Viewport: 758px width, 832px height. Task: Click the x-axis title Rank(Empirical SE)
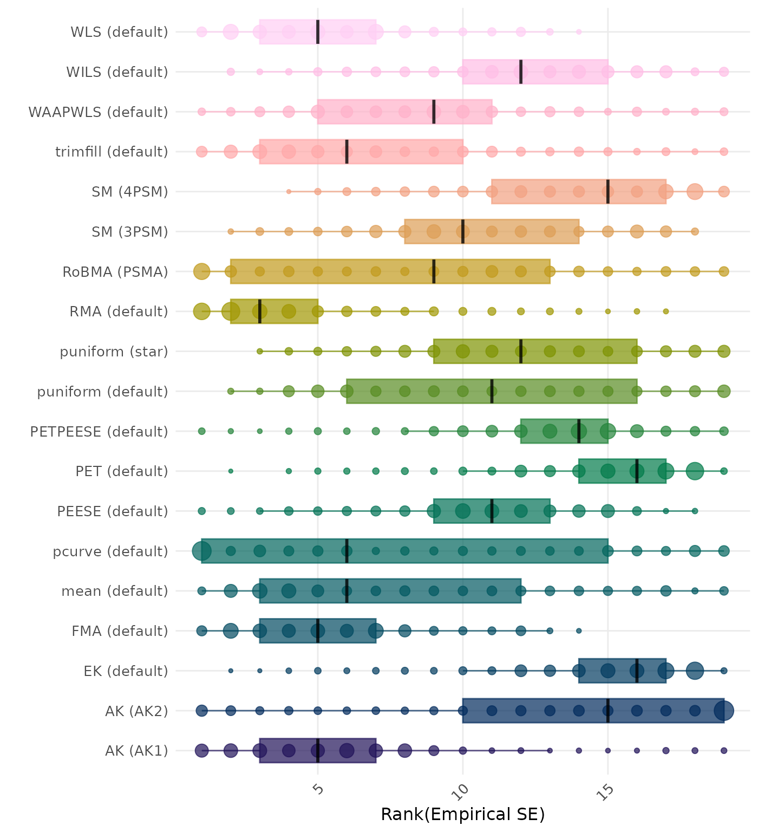click(462, 814)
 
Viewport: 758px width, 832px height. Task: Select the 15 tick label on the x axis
click(606, 792)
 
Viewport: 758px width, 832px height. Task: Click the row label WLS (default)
click(119, 32)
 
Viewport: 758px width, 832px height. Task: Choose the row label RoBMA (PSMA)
click(115, 272)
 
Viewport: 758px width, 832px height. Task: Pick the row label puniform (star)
click(114, 352)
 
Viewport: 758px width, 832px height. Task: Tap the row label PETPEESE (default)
click(99, 432)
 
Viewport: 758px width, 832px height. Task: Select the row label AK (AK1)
click(136, 751)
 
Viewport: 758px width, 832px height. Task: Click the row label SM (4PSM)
click(130, 192)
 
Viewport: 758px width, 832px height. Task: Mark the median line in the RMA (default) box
click(260, 311)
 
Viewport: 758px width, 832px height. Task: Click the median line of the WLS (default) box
click(318, 32)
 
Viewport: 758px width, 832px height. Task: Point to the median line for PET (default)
click(637, 471)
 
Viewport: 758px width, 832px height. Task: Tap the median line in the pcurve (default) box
click(347, 551)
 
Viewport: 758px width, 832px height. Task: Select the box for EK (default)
click(622, 671)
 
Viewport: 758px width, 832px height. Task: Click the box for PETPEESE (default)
click(564, 431)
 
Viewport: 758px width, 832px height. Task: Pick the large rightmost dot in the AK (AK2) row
click(724, 711)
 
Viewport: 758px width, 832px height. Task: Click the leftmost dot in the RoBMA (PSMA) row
click(202, 271)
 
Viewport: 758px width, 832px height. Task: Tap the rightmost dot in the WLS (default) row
click(579, 32)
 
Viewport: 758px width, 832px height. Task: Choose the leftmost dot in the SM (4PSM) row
click(289, 192)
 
